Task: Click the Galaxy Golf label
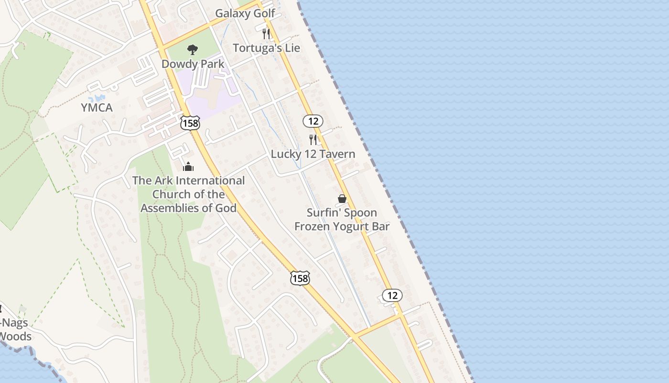[245, 13]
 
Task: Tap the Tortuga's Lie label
[266, 48]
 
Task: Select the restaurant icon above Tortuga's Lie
[266, 34]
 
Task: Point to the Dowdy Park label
[193, 64]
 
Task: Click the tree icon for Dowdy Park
[193, 49]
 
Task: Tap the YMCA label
[97, 108]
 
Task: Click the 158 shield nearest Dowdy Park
[190, 123]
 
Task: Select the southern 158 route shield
[300, 278]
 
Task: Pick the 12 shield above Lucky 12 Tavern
[313, 121]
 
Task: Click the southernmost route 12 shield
[392, 295]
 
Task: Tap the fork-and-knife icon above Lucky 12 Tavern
[313, 140]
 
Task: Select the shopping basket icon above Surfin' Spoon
[342, 198]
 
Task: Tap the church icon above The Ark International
[188, 167]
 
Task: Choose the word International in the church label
[209, 181]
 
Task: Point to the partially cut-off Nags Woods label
[14, 329]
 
